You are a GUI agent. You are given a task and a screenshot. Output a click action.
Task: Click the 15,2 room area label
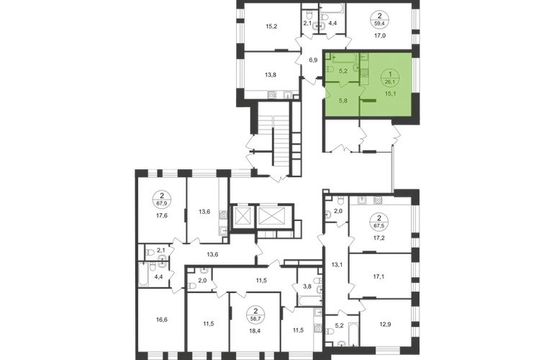click(x=271, y=26)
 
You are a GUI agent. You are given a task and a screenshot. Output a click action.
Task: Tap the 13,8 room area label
click(x=271, y=75)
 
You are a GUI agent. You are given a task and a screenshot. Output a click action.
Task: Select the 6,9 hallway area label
click(x=313, y=60)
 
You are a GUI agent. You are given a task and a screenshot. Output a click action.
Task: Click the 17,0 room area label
click(x=380, y=35)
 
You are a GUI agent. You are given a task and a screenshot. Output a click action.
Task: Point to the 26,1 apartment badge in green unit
click(x=390, y=78)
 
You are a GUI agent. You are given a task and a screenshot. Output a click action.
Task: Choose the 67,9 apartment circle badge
click(x=162, y=199)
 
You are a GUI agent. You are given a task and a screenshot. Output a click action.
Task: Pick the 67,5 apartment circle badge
click(x=379, y=221)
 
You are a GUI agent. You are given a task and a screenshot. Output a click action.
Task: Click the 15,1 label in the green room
click(x=391, y=94)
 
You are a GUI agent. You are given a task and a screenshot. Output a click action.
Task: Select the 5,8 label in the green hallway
click(x=343, y=100)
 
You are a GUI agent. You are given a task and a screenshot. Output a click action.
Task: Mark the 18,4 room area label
click(x=256, y=330)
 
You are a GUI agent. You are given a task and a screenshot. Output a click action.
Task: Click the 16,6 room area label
click(x=161, y=320)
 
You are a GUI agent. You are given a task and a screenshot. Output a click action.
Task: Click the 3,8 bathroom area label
click(x=307, y=287)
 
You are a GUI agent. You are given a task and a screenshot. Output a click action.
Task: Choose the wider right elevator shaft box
click(x=272, y=216)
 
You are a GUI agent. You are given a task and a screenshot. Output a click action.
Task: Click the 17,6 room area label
click(x=162, y=215)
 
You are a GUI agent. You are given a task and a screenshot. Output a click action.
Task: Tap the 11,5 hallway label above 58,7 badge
click(x=261, y=280)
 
